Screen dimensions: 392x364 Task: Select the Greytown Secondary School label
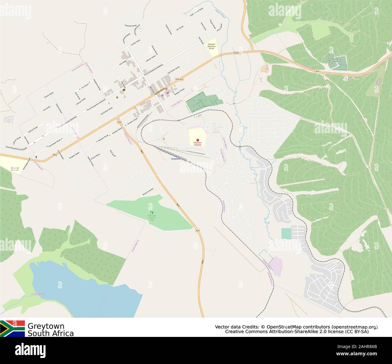coord(211,46)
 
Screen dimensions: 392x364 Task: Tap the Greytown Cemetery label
coord(336,60)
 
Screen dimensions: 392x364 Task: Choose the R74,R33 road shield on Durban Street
coord(179,79)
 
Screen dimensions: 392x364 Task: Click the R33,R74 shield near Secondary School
coord(237,53)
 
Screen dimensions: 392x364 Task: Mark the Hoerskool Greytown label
coord(15,169)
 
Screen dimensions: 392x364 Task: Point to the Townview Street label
coord(131,25)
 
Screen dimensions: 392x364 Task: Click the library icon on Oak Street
coord(124,90)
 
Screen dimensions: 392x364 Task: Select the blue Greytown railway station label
coord(176,159)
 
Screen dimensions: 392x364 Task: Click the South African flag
coord(12,328)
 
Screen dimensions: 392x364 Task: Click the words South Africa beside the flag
coord(51,333)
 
